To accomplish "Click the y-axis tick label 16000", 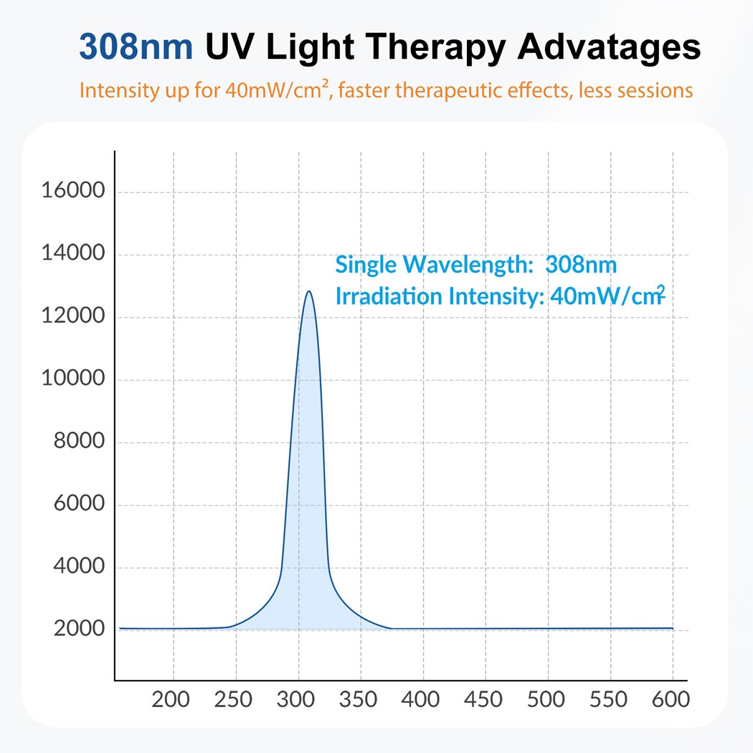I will pos(73,191).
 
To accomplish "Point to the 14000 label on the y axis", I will pos(73,254).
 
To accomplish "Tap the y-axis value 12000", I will pos(73,317).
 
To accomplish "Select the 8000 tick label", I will pos(80,442).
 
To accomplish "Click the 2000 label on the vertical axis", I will pos(80,630).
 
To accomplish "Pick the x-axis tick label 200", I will pos(171,699).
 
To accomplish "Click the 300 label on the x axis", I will pos(296,699).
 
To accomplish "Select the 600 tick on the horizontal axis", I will pos(671,699).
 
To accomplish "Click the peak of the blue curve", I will pos(309,291).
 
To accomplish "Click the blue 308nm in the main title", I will pos(136,47).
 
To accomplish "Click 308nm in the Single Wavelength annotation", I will pos(581,265).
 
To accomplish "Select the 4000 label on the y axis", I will pos(80,567).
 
